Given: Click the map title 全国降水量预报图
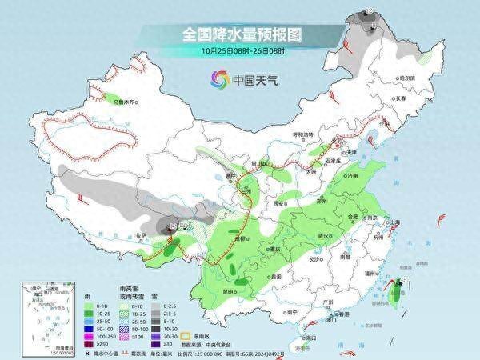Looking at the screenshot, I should (240, 34).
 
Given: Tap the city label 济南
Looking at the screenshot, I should (356, 175).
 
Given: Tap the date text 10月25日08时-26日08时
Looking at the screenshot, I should (239, 50).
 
